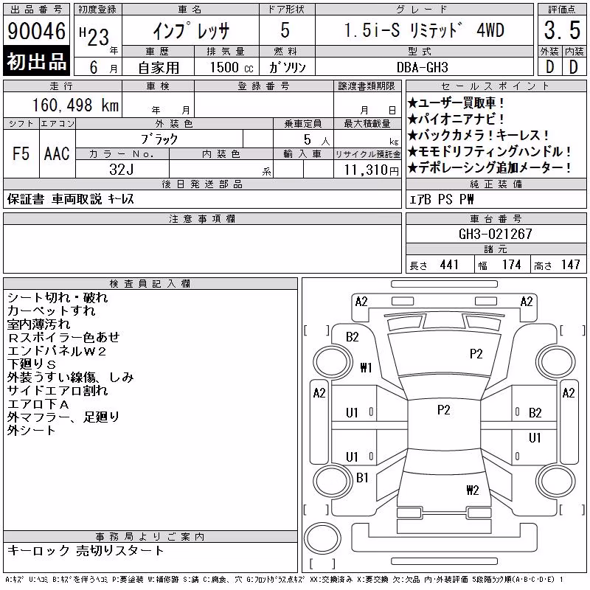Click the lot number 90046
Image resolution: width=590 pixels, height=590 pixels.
(36, 31)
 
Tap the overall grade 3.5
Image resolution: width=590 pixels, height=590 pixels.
(562, 30)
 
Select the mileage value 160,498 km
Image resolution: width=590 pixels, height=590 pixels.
(75, 105)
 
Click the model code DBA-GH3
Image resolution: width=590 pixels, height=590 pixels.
(423, 67)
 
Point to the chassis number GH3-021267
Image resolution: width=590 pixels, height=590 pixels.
(495, 234)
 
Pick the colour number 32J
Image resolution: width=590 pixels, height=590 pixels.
(122, 170)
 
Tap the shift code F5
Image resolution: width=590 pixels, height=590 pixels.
(21, 153)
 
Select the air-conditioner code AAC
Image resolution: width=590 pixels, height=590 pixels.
(57, 153)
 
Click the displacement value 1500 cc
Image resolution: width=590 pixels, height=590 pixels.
(232, 67)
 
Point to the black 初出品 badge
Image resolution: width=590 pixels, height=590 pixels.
(36, 60)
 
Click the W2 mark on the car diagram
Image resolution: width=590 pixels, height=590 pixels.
(473, 490)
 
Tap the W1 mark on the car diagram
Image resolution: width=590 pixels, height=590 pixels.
(366, 367)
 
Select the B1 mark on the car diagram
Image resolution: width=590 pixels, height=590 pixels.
(362, 478)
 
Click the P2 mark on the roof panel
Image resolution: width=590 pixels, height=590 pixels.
(444, 410)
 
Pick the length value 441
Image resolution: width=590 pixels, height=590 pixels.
(449, 265)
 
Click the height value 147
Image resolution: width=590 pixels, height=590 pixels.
(570, 265)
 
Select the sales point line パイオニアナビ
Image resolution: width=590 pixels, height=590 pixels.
(456, 119)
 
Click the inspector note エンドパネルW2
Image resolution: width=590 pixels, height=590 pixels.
(57, 351)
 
